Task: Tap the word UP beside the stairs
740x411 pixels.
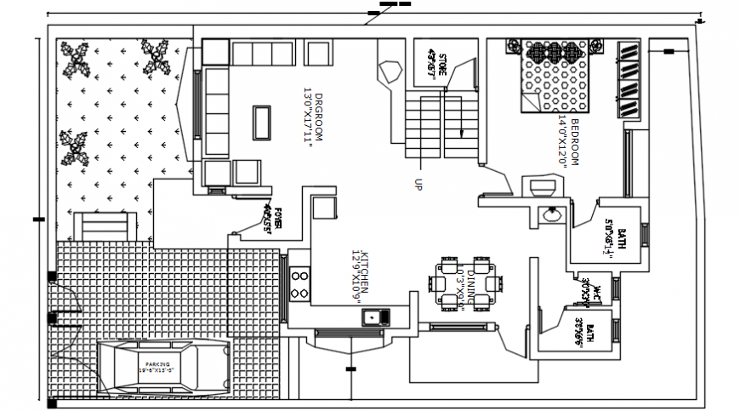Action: pos(418,183)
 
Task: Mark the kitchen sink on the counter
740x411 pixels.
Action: pos(374,318)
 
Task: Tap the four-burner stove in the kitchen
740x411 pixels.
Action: pos(299,283)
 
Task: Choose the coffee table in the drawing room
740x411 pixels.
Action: pos(262,123)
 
